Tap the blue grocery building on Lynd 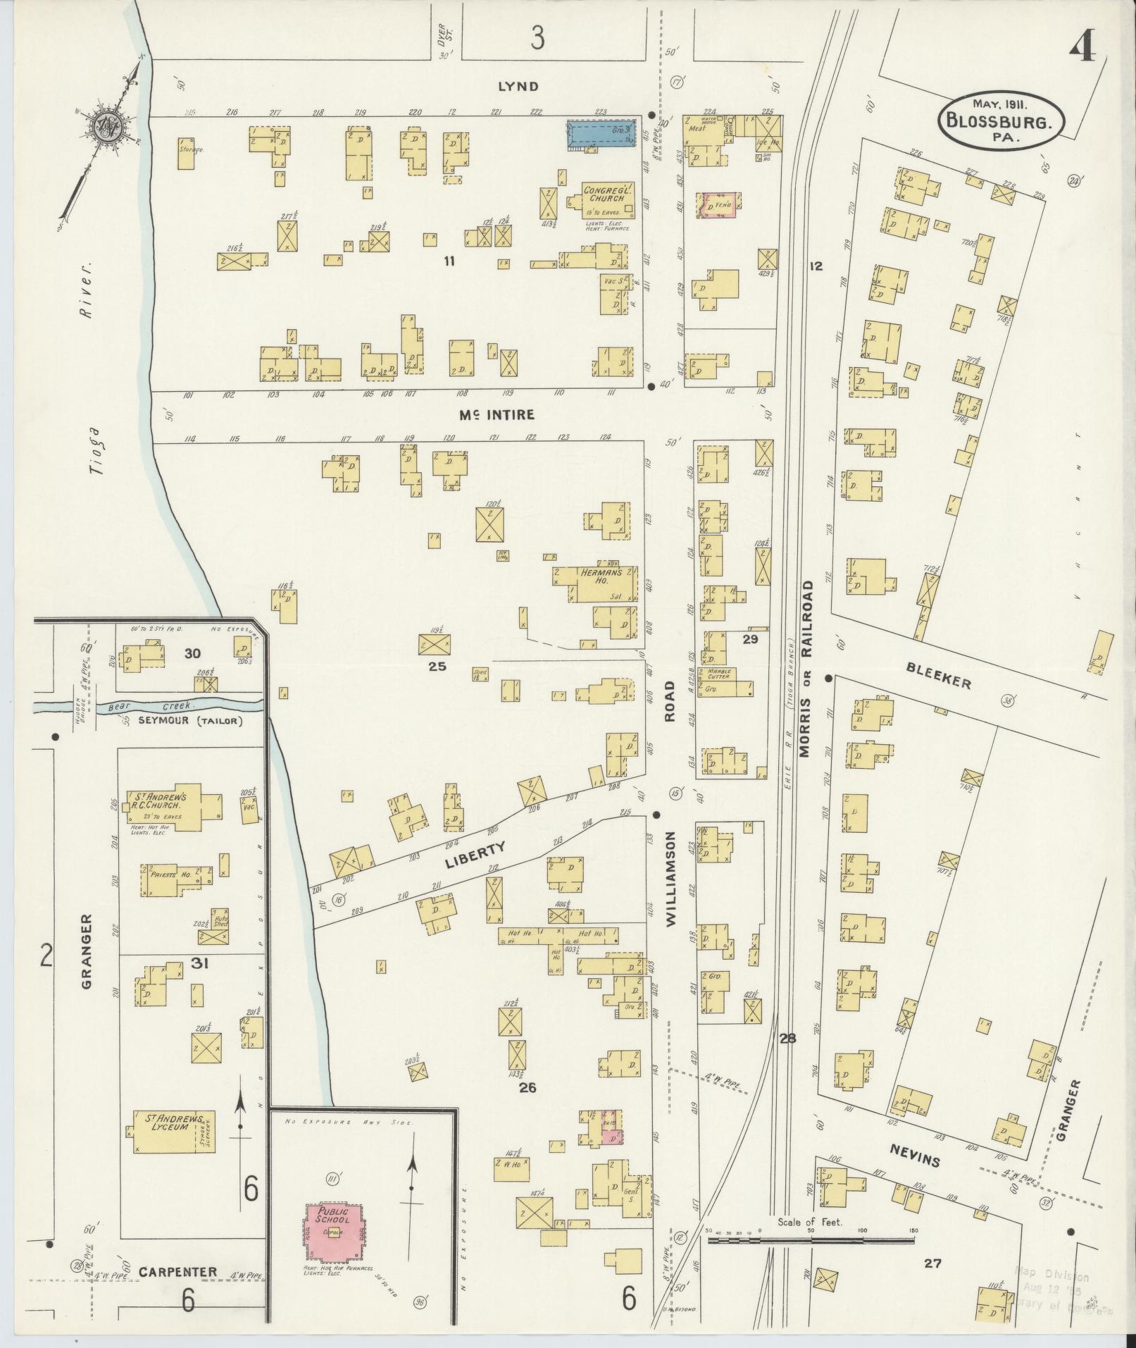click(601, 133)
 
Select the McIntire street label click(487, 415)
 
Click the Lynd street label click(518, 87)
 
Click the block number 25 click(437, 666)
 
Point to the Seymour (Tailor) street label click(190, 721)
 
